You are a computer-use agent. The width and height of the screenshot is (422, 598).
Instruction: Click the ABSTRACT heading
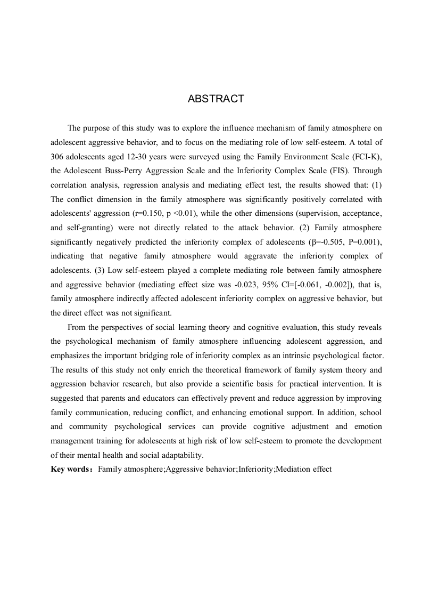tap(216, 99)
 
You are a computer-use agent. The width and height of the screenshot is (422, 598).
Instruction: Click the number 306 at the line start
tap(58, 157)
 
